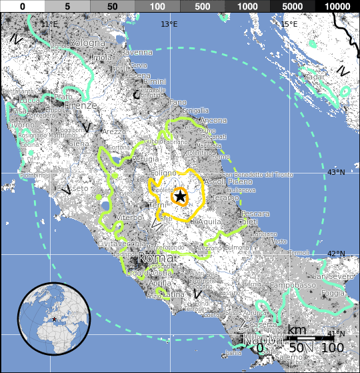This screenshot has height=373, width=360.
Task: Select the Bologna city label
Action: pyautogui.click(x=88, y=43)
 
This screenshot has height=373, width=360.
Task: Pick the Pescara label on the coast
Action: pyautogui.click(x=256, y=214)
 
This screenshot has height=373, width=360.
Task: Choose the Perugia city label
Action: pyautogui.click(x=127, y=160)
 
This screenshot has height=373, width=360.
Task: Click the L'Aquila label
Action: pyautogui.click(x=208, y=221)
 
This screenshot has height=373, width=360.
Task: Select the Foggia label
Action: pyautogui.click(x=333, y=294)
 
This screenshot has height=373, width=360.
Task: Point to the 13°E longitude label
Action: pyautogui.click(x=169, y=25)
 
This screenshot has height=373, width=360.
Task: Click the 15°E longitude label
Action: pyautogui.click(x=289, y=25)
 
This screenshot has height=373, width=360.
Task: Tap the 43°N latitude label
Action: pyautogui.click(x=335, y=173)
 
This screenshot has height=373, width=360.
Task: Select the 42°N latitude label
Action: pyautogui.click(x=335, y=254)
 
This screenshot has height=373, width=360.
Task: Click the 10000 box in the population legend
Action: pyautogui.click(x=337, y=5)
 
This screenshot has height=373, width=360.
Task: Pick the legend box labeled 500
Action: pyautogui.click(x=202, y=5)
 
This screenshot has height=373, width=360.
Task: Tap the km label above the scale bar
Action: pyautogui.click(x=297, y=331)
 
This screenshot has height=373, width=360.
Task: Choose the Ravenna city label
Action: pyautogui.click(x=136, y=52)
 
